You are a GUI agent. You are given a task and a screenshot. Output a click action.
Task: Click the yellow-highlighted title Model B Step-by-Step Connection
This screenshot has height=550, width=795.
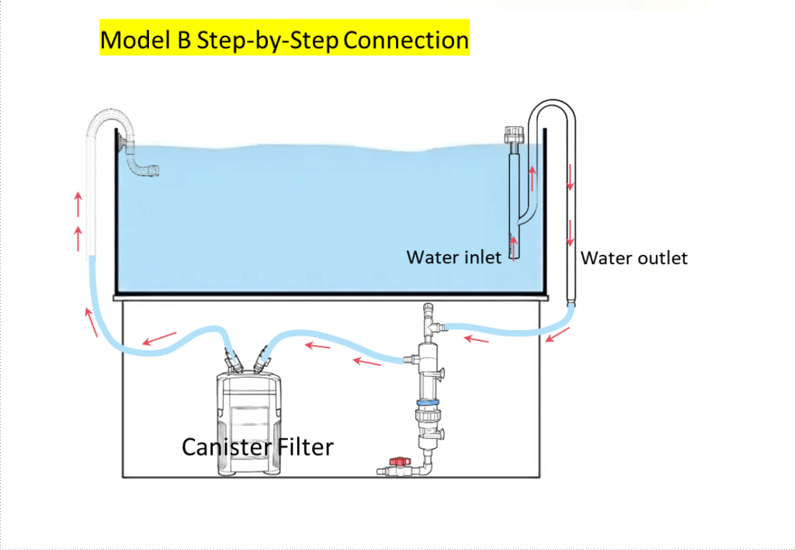(284, 39)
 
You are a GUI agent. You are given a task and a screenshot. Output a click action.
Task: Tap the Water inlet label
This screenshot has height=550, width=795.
(453, 257)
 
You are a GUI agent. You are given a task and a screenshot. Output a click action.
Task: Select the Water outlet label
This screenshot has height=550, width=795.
(634, 258)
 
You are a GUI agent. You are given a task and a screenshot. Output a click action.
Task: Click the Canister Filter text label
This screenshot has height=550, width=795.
(257, 447)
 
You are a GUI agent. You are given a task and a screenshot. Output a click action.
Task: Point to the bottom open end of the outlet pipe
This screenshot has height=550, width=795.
(573, 301)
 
